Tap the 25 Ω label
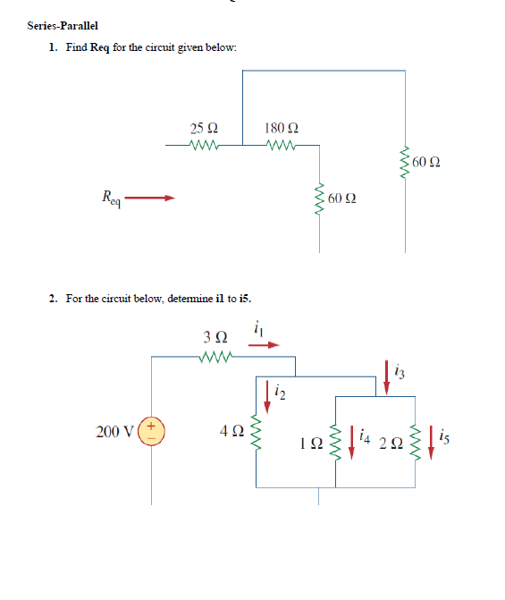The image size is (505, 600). [203, 128]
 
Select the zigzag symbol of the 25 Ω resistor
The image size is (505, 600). [205, 143]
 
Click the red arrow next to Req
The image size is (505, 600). [155, 199]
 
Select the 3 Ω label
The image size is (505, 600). [215, 339]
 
